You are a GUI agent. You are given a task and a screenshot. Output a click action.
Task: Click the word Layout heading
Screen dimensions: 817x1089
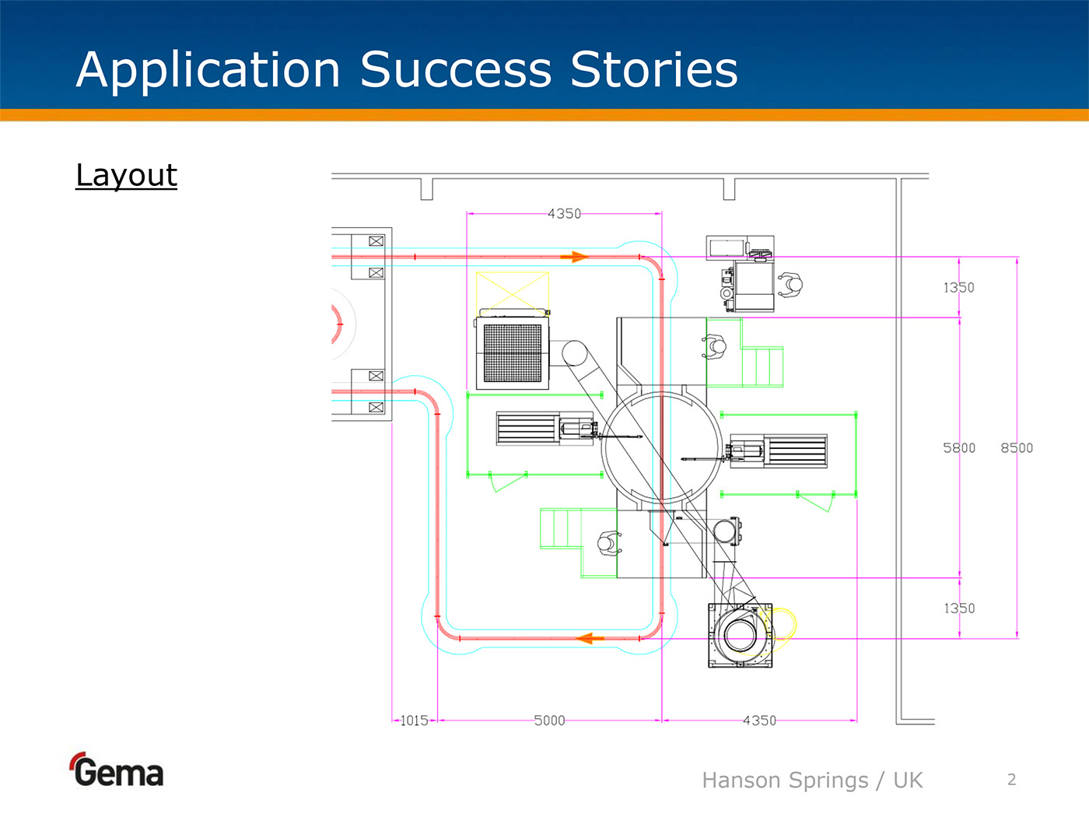coord(126,175)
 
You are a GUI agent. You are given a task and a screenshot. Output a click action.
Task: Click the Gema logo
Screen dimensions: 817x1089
coord(117,771)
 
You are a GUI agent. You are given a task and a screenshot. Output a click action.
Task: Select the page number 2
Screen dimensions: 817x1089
coord(1011,779)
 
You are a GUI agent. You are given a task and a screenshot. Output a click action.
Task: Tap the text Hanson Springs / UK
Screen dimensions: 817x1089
coord(811,780)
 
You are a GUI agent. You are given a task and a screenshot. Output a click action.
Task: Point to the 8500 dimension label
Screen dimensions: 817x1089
coord(1017,447)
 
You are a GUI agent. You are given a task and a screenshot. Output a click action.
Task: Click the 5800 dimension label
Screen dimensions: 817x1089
coord(959,447)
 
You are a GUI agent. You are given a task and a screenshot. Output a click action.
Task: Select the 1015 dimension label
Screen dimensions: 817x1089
coord(414,721)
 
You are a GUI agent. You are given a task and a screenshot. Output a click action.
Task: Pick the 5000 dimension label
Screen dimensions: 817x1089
coord(549,721)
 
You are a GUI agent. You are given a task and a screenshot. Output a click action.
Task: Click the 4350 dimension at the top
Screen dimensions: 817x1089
coord(564,213)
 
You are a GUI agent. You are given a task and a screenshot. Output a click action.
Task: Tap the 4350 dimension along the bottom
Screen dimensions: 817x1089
coord(759,721)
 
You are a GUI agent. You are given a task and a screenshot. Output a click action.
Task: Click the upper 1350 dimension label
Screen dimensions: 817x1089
coord(959,287)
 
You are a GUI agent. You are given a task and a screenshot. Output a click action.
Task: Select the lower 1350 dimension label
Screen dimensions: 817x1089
coord(959,608)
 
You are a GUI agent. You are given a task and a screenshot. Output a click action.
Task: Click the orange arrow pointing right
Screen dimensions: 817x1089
coord(575,256)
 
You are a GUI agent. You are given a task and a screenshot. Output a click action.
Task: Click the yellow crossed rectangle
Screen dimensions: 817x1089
coord(512,293)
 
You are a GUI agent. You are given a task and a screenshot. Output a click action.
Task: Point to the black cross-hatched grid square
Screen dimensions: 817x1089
coord(513,352)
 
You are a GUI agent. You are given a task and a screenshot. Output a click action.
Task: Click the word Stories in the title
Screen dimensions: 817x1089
coord(653,69)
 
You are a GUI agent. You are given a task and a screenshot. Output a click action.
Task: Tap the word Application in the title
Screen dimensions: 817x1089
coord(208,69)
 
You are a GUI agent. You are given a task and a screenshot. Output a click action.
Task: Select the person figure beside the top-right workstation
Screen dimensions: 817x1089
coord(790,286)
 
